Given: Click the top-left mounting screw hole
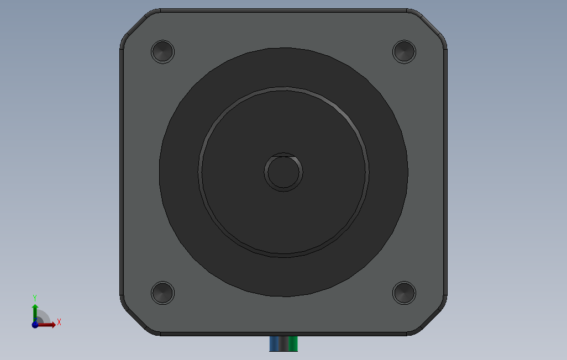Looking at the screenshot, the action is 162,52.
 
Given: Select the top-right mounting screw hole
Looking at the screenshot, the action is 405,52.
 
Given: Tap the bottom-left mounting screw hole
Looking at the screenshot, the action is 162,293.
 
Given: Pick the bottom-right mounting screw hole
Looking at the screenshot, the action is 405,293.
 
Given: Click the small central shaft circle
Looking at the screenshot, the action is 283,172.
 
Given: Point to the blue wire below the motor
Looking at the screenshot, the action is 274,344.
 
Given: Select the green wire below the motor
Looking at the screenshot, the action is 293,344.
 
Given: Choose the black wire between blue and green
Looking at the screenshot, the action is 284,344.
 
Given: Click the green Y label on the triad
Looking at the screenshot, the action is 35,298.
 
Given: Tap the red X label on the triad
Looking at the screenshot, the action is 59,322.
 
